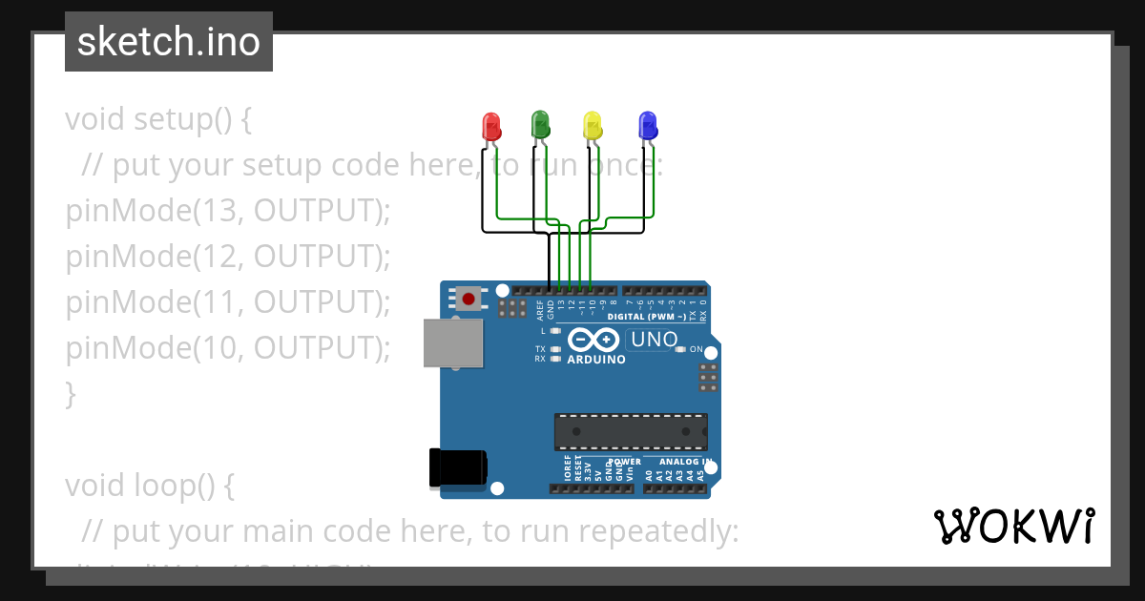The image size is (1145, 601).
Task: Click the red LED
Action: point(491,126)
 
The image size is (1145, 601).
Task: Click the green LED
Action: point(540,124)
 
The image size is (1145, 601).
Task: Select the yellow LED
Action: point(593,126)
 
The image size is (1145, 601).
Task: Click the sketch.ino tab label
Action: point(169,42)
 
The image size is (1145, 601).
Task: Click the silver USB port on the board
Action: point(453,343)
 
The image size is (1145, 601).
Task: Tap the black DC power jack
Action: point(457,467)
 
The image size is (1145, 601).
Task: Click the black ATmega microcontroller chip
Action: point(631,432)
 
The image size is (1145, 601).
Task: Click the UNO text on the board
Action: point(654,340)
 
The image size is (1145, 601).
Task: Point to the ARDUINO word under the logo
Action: point(596,360)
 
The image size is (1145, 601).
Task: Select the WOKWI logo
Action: point(1013,527)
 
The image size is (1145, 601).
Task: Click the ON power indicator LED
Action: point(680,349)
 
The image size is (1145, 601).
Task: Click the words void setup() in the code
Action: point(158,120)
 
